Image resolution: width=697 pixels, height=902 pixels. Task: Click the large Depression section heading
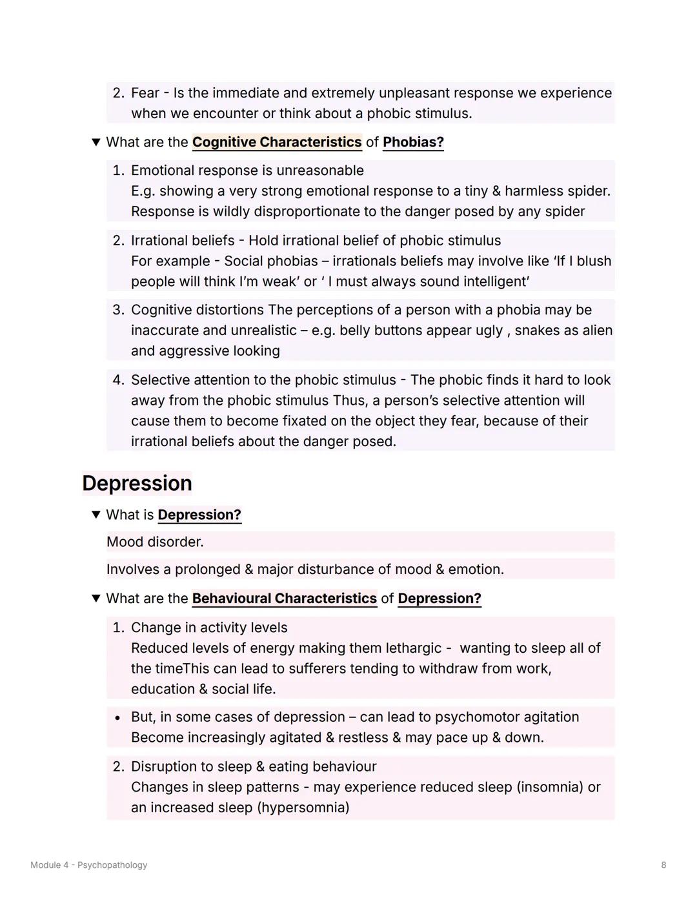pos(137,484)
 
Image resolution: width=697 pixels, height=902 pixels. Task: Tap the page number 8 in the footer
pos(663,865)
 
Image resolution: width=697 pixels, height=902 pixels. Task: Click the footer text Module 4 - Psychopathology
pos(88,865)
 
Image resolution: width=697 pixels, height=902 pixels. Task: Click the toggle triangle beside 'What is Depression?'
pos(96,515)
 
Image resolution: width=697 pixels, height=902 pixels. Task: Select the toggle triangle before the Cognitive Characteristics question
pos(96,142)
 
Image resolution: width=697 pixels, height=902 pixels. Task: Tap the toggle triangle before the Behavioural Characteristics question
pos(96,599)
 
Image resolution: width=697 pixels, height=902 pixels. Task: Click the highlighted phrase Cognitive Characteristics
pos(277,142)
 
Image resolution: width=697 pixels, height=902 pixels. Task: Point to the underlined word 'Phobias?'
pos(413,142)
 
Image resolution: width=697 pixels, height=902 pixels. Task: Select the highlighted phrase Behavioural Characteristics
pos(284,599)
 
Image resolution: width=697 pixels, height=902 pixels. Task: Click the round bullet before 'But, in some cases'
pos(117,718)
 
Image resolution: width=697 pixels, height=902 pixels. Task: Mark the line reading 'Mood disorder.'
pos(155,542)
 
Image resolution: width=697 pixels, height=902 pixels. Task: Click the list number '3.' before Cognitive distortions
pos(118,310)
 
